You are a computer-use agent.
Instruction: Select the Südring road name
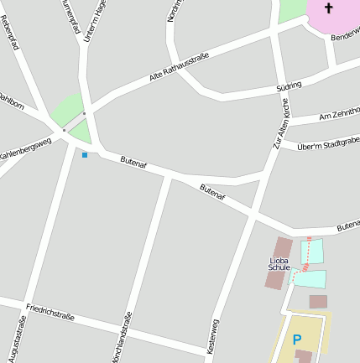pos(288,87)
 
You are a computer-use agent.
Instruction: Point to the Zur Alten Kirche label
pos(280,129)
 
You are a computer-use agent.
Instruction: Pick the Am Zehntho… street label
pos(338,115)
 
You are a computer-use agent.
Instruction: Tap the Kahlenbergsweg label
pos(25,149)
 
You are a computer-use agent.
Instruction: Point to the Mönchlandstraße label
pos(122,337)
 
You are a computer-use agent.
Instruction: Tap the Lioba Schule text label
pos(279,264)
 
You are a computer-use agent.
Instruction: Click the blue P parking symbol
pos(296,340)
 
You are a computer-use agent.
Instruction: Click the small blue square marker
pos(84,154)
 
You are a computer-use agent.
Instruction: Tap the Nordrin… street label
pos(174,11)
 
